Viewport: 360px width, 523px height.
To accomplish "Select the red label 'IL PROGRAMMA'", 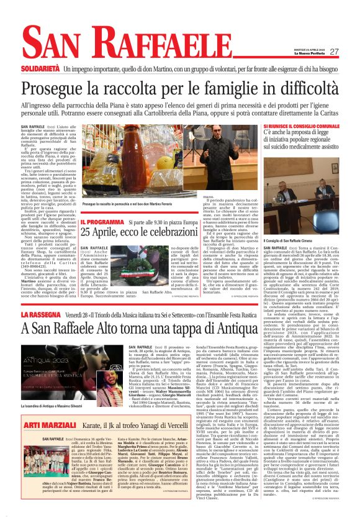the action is [99, 222].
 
